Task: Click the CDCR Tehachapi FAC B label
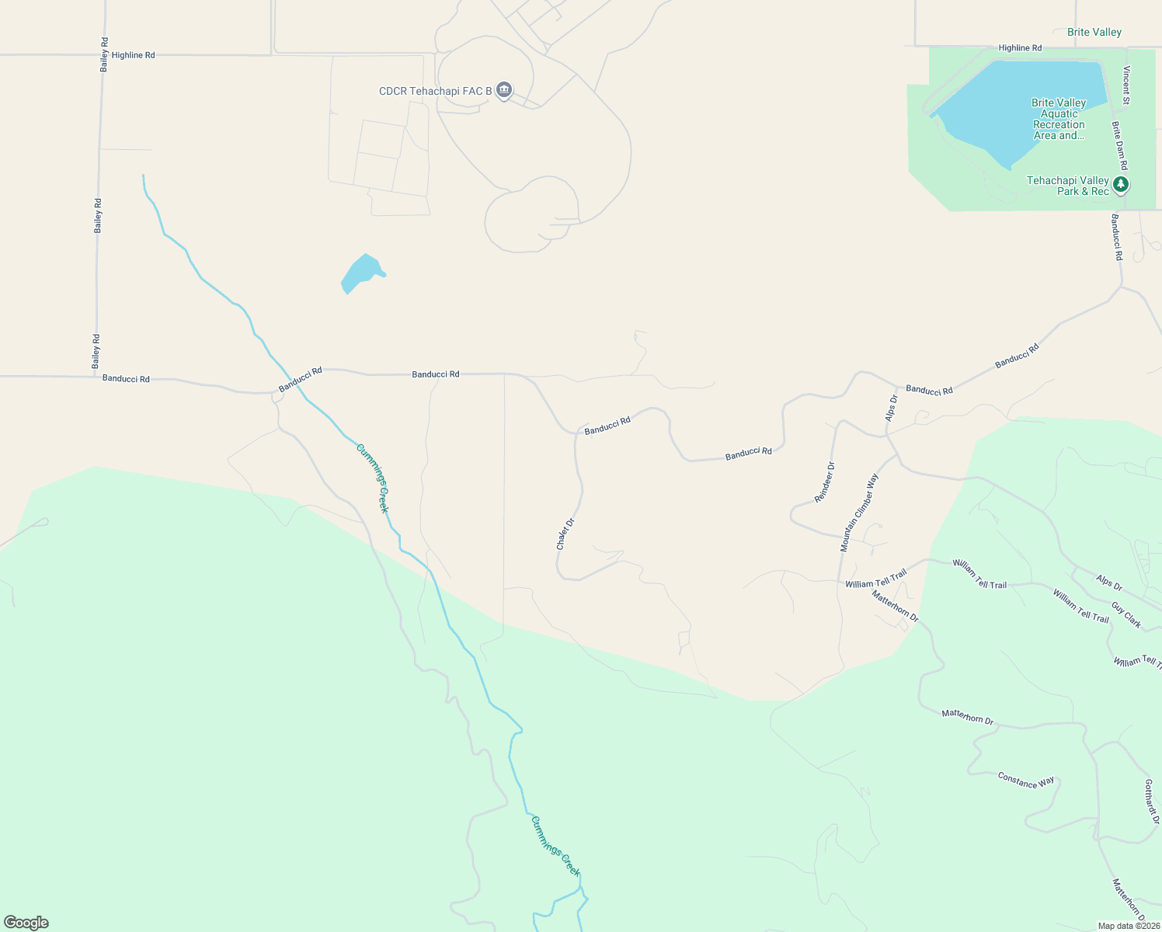pyautogui.click(x=435, y=92)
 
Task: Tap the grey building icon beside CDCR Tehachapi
pyautogui.click(x=505, y=91)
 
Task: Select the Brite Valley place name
pyautogui.click(x=1094, y=33)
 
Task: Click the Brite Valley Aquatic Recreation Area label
pyautogui.click(x=1058, y=119)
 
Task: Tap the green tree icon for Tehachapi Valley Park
pyautogui.click(x=1120, y=185)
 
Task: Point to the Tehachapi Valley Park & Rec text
pyautogui.click(x=1067, y=186)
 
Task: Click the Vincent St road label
pyautogui.click(x=1125, y=85)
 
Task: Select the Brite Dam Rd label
pyautogui.click(x=1119, y=145)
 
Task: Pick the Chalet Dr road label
pyautogui.click(x=565, y=534)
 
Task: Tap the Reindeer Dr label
pyautogui.click(x=824, y=482)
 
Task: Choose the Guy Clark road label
pyautogui.click(x=1126, y=615)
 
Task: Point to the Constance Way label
pyautogui.click(x=1026, y=781)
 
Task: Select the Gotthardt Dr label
pyautogui.click(x=1152, y=802)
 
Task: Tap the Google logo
pyautogui.click(x=26, y=923)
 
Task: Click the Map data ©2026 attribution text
pyautogui.click(x=1129, y=926)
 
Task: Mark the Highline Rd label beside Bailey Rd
pyautogui.click(x=133, y=55)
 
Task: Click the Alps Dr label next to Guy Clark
pyautogui.click(x=1109, y=582)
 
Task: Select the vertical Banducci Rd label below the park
pyautogui.click(x=1116, y=237)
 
